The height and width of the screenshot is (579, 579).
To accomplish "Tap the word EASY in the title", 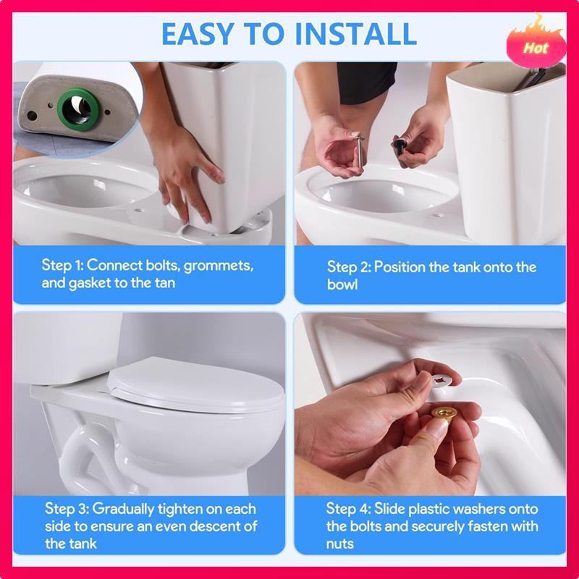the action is pyautogui.click(x=198, y=34).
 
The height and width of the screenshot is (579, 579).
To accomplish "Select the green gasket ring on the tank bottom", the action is pyautogui.click(x=78, y=109).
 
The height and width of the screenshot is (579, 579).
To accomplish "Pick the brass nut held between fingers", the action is pyautogui.click(x=443, y=414).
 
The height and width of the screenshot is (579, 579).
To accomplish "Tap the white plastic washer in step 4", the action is pyautogui.click(x=442, y=381).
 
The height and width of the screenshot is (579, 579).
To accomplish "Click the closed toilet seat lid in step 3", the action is pyautogui.click(x=195, y=385).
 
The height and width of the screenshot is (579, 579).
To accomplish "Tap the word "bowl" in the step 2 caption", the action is pyautogui.click(x=342, y=284).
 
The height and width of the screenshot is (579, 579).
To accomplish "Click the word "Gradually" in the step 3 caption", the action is pyautogui.click(x=123, y=510).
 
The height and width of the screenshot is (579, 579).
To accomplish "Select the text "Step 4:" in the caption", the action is pyautogui.click(x=348, y=509).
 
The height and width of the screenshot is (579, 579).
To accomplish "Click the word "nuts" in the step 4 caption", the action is pyautogui.click(x=339, y=544).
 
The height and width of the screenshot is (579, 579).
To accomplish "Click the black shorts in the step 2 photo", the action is pyautogui.click(x=367, y=83).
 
